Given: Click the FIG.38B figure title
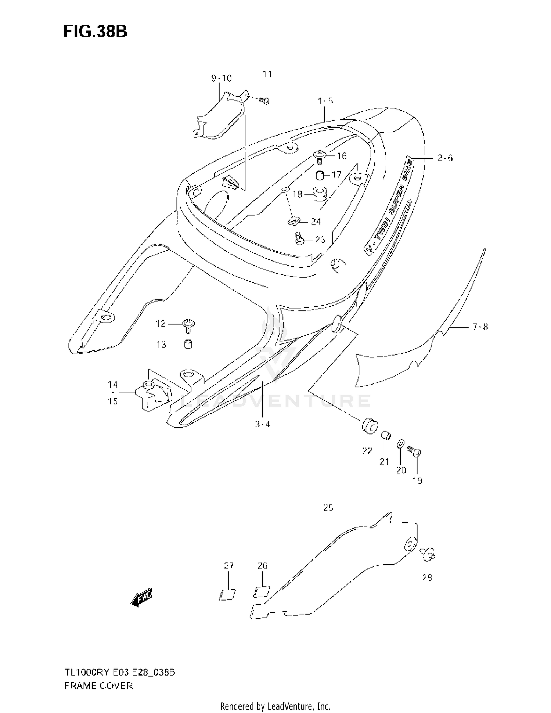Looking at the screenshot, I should point(95,32).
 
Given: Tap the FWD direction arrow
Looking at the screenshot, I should point(142,598).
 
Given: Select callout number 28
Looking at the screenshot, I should point(427,577).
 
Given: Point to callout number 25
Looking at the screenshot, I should point(328,508).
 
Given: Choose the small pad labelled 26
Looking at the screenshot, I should point(262,591).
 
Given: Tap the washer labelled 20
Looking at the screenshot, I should point(400,444).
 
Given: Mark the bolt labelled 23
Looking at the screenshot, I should point(299,239).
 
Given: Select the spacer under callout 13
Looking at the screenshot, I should point(188,345).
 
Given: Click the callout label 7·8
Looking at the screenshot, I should point(480,327).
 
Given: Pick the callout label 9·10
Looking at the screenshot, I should point(221,78).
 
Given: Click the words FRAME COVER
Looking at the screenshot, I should point(98,686).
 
